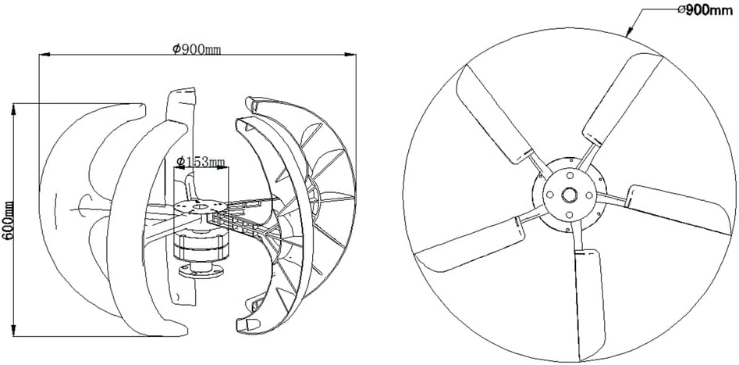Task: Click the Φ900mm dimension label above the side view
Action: coord(196,49)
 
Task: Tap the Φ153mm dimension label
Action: coord(201,162)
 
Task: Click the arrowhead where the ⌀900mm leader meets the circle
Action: coord(631,34)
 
